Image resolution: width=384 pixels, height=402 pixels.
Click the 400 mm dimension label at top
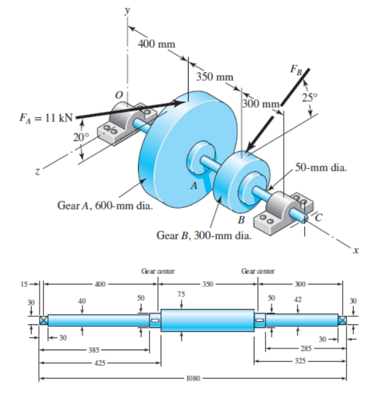156,44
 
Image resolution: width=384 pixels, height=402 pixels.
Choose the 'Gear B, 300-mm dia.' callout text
204,235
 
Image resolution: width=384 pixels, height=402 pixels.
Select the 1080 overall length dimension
193,379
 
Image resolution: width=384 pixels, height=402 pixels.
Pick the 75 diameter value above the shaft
181,294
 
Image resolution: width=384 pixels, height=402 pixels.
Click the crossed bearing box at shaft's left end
43,320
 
